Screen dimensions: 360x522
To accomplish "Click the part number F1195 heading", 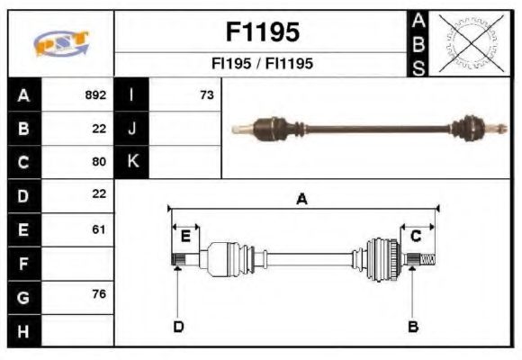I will tap(261, 32).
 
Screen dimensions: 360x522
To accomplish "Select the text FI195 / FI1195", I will tap(261, 64).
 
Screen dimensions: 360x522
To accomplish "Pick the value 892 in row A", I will tap(95, 94).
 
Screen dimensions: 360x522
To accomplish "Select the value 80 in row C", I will tap(99, 162).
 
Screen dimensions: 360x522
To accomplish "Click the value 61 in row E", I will tap(99, 229).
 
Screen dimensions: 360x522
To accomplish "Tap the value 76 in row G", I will tap(99, 295).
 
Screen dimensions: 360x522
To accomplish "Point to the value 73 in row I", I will tap(206, 94).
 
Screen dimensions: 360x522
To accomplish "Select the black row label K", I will tap(132, 162).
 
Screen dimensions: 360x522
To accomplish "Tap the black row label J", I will tap(132, 129).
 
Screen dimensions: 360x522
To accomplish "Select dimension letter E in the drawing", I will tap(185, 236).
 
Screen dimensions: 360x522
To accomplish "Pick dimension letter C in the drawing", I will tap(416, 236).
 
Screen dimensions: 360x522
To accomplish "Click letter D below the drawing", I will tap(178, 326).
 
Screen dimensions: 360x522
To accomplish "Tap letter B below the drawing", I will tap(413, 326).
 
